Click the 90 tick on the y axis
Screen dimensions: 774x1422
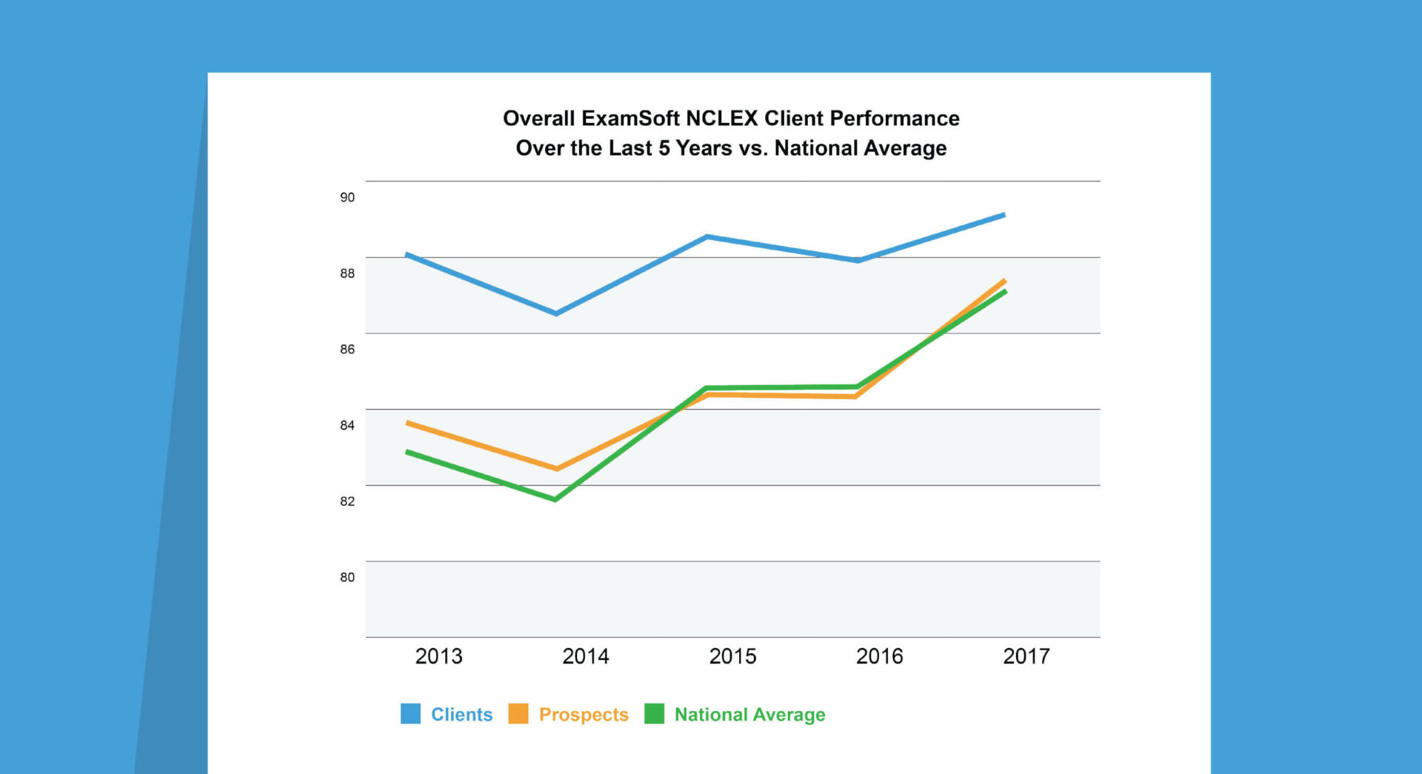click(347, 197)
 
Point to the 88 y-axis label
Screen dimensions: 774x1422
click(347, 273)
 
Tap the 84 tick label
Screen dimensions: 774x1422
click(347, 425)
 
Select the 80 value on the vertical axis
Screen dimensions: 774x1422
click(347, 577)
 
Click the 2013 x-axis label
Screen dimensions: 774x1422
click(438, 656)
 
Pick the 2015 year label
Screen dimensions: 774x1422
click(732, 656)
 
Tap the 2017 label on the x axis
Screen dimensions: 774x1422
click(1026, 656)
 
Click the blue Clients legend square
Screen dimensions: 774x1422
click(410, 714)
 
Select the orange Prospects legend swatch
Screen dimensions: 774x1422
click(518, 714)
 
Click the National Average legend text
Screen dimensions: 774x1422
click(750, 715)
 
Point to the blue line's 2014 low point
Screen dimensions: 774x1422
click(556, 313)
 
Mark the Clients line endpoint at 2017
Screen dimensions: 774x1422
click(1004, 216)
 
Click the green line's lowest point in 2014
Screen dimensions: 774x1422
click(555, 499)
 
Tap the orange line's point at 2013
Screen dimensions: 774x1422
click(408, 423)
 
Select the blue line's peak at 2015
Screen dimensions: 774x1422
click(708, 237)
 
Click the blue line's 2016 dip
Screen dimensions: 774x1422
click(858, 260)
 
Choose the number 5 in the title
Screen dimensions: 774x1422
click(664, 148)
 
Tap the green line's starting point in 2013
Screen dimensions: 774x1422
click(408, 452)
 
